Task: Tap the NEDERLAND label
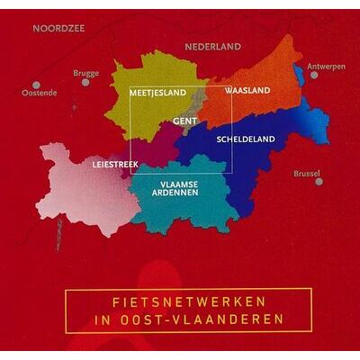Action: click(x=213, y=46)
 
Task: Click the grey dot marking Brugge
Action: click(x=85, y=82)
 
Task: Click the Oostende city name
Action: click(x=39, y=94)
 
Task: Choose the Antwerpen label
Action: click(x=326, y=67)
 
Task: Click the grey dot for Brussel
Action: click(x=319, y=181)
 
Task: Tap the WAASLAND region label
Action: click(x=242, y=92)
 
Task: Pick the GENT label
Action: click(x=184, y=120)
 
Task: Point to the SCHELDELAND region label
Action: click(x=245, y=139)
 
